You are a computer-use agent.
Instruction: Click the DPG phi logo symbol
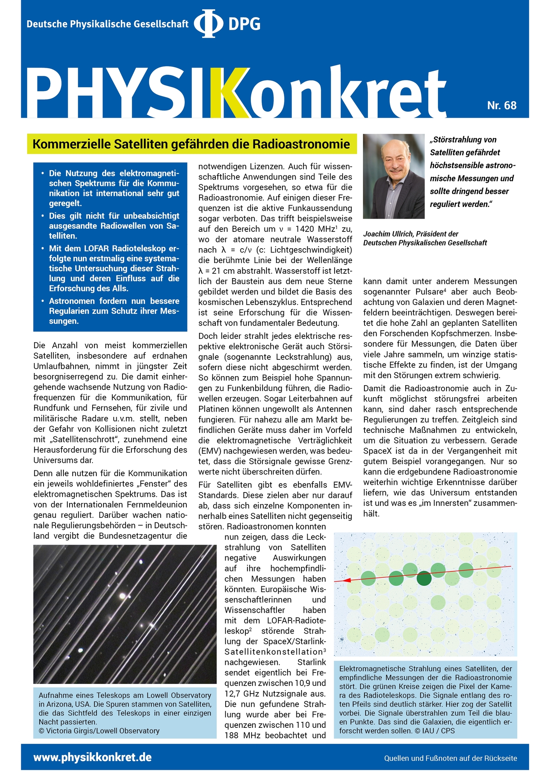click(x=208, y=24)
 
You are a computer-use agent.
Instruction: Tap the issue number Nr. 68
click(x=501, y=105)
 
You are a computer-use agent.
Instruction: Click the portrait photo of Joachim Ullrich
click(x=394, y=176)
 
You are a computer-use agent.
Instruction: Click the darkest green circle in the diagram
click(x=424, y=578)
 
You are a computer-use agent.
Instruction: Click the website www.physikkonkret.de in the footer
click(x=93, y=757)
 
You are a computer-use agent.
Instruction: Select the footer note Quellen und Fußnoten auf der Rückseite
click(x=450, y=758)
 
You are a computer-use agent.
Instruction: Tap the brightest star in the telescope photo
click(x=123, y=596)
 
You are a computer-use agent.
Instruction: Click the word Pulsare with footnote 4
click(x=429, y=292)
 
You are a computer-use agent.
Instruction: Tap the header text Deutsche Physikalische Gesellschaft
click(x=107, y=24)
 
